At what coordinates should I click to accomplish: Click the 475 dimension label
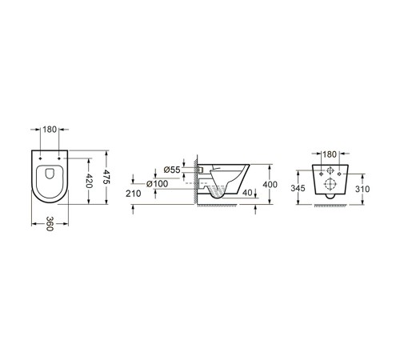click(x=106, y=177)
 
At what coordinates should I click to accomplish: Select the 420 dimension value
click(x=89, y=181)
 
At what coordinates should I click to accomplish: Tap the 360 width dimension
click(x=50, y=224)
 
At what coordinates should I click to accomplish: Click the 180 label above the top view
click(x=50, y=130)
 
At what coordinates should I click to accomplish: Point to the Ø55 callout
click(x=172, y=170)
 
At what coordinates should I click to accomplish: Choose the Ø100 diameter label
click(x=158, y=183)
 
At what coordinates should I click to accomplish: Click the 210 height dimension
click(x=134, y=194)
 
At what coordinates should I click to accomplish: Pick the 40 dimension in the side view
click(x=248, y=193)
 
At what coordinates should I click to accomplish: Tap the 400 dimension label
click(x=270, y=184)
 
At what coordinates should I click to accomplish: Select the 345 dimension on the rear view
click(x=298, y=188)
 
